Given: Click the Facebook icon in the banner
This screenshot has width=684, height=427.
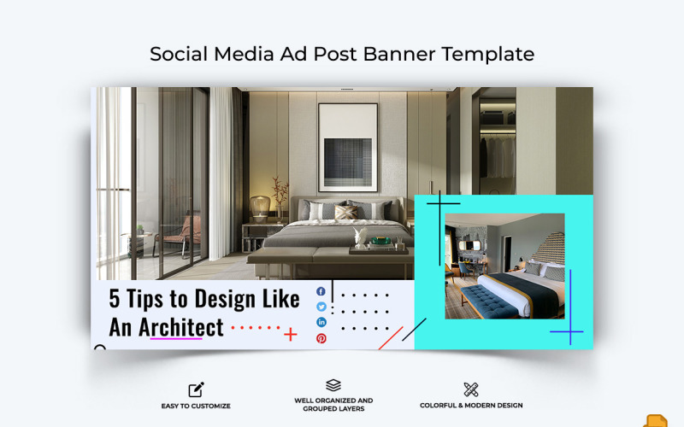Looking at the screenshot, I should [x=321, y=292].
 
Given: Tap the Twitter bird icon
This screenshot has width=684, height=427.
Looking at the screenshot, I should [x=321, y=307].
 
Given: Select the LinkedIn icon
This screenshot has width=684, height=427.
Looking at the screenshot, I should [x=321, y=323].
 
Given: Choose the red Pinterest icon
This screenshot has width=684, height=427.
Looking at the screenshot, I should [x=321, y=338].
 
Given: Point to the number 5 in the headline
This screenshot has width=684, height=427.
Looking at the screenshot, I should [x=115, y=299].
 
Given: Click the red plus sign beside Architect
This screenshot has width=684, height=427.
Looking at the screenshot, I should [x=291, y=334].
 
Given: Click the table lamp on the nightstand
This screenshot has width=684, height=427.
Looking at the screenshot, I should [x=260, y=208].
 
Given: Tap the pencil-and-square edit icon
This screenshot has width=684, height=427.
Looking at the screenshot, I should [x=197, y=389].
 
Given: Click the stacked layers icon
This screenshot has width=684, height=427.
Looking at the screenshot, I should [x=333, y=385].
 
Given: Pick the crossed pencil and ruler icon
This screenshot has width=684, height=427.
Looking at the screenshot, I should [x=470, y=389].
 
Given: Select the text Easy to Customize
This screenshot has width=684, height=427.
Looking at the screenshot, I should [x=197, y=406].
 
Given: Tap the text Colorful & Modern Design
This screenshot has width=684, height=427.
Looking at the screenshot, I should [x=471, y=406].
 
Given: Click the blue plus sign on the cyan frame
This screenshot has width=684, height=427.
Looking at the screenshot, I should [x=566, y=330].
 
